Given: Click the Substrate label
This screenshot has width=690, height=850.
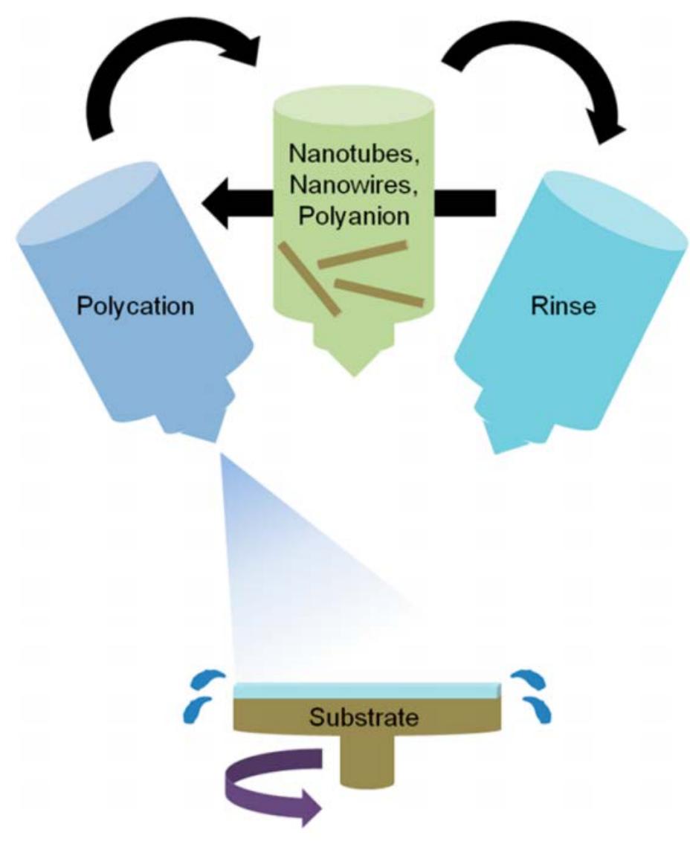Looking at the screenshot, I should pos(364,718).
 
